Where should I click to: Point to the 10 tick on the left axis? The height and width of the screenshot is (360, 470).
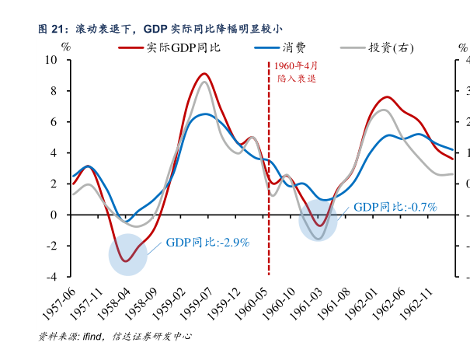[51, 60]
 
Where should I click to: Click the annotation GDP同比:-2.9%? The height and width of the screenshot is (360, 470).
[207, 243]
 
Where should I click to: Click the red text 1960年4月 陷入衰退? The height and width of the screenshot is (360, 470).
[296, 73]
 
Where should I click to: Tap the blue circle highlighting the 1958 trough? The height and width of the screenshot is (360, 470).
[127, 256]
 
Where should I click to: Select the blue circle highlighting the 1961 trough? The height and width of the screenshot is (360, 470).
[318, 220]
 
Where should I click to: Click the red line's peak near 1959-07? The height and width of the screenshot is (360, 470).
[204, 74]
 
